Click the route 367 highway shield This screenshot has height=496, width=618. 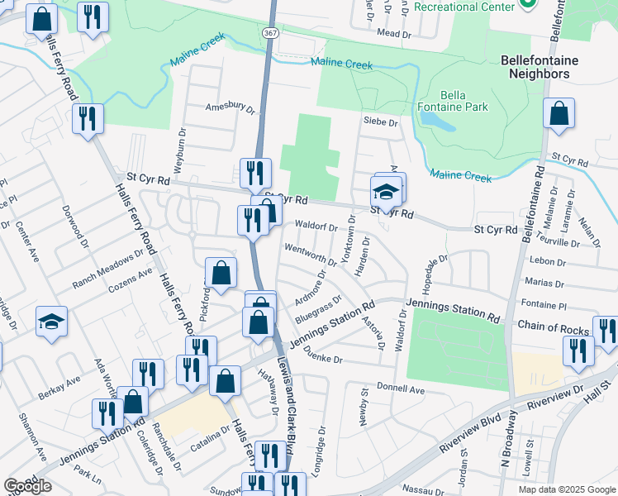click(x=271, y=32)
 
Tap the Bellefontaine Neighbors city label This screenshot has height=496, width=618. click(x=551, y=67)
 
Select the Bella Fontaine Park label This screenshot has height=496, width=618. click(x=464, y=101)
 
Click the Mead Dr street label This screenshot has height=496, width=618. click(x=394, y=35)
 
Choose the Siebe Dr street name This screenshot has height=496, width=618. click(x=381, y=122)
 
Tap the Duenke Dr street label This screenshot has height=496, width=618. click(x=322, y=360)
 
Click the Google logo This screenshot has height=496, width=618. click(x=28, y=485)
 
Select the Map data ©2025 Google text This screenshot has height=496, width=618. click(x=566, y=489)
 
